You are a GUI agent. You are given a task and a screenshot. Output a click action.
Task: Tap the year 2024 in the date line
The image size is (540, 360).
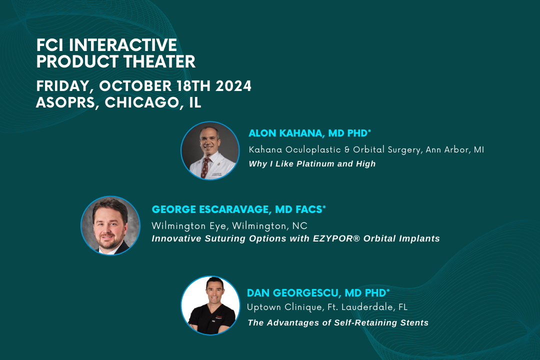(233, 86)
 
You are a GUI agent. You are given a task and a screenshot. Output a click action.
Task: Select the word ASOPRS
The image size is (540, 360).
(67, 103)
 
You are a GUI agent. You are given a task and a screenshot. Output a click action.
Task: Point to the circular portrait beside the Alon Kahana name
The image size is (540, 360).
(210, 150)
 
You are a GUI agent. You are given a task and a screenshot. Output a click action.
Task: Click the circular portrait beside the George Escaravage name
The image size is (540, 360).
(110, 225)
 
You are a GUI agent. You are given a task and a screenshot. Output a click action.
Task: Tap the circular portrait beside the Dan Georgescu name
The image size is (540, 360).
(210, 305)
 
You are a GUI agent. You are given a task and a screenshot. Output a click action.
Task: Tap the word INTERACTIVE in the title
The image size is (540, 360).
(123, 45)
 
